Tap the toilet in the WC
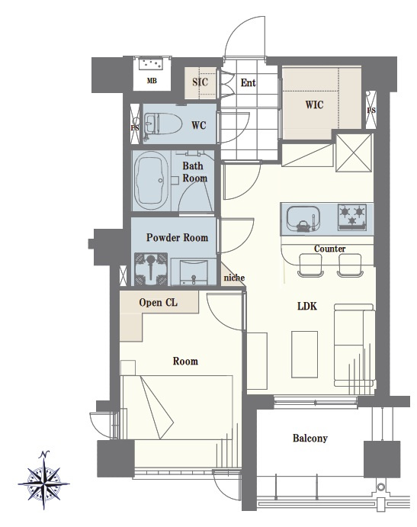pos(162,124)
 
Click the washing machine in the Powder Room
pos(151,269)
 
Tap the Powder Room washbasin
pos(194,272)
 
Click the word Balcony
pos(310,438)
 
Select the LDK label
pos(307,306)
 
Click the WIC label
pos(315,104)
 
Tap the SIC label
pos(200,82)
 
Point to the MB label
pos(152,81)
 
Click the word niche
pos(234,278)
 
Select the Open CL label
pos(158,303)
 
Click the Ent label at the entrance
pos(248,82)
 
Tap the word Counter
pos(329,249)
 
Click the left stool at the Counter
pos(310,265)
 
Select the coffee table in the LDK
pos(304,355)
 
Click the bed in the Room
pos(177,406)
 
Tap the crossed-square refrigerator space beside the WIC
pos(354,153)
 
